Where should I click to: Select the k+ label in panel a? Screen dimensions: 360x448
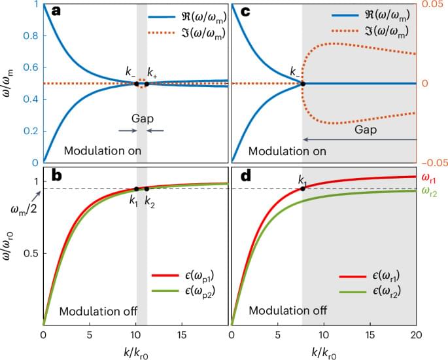[x=152, y=72]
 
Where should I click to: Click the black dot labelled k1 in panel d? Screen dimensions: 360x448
[x=302, y=189]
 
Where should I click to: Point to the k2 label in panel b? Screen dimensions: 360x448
[x=148, y=200]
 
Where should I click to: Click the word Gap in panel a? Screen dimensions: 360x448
[x=142, y=119]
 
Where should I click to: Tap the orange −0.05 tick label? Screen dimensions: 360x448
[x=431, y=162]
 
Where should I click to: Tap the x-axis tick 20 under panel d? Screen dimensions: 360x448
[x=416, y=335]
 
